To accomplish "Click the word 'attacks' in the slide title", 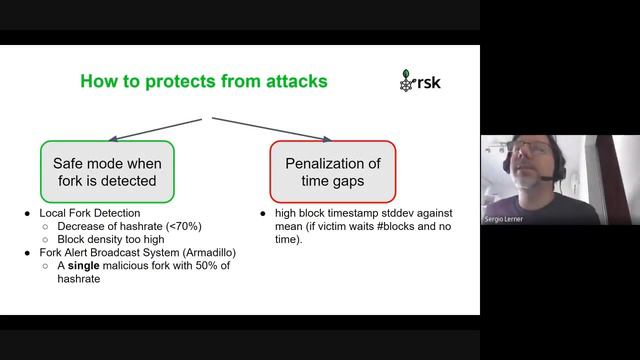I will click(x=291, y=81).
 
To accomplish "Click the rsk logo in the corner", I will click(x=419, y=81).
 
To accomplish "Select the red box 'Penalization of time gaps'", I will click(x=332, y=171).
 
